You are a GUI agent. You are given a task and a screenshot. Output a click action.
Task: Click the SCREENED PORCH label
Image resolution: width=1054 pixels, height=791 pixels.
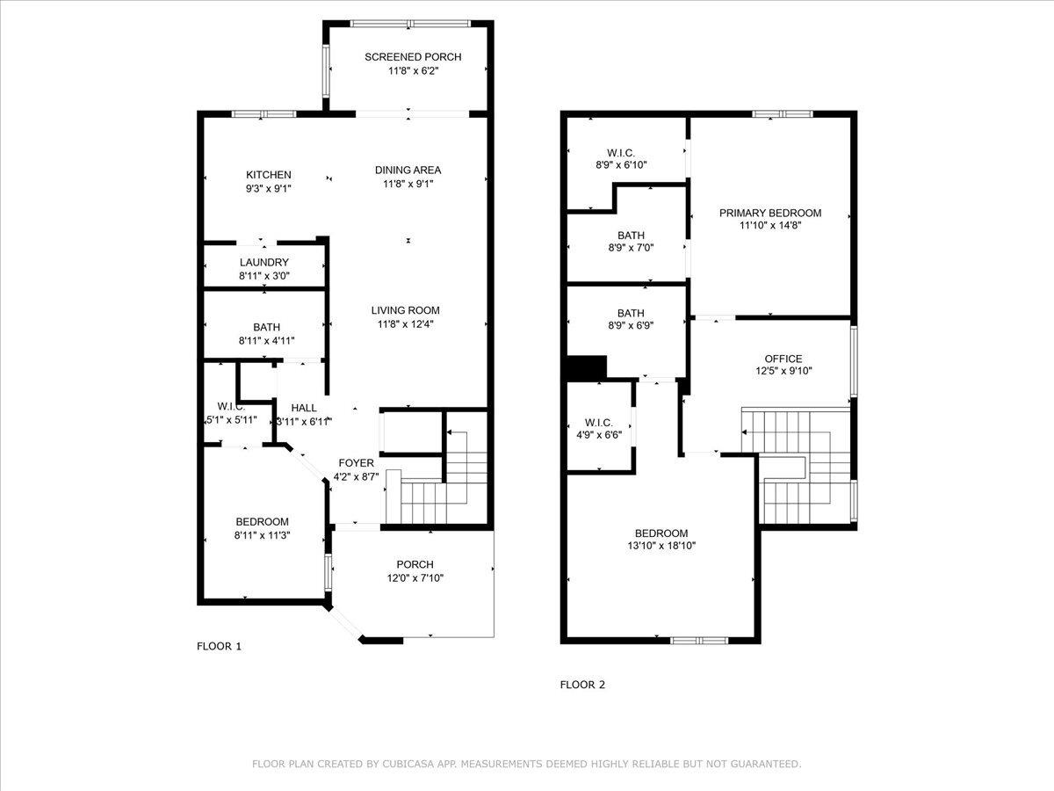(413, 57)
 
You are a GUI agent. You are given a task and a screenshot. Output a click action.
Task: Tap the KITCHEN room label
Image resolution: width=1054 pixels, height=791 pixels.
(269, 175)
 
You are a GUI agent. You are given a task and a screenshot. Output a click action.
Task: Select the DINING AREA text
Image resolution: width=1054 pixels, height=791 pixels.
(408, 170)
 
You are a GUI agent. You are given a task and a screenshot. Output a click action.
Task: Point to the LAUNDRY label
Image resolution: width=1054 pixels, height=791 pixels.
(264, 262)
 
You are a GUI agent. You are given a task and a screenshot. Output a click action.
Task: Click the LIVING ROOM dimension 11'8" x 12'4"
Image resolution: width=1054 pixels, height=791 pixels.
(406, 324)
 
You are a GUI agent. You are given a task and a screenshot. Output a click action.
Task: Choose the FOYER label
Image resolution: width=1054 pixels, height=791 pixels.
(356, 463)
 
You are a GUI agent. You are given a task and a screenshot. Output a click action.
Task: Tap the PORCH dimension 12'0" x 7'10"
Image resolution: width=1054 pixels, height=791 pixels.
(415, 577)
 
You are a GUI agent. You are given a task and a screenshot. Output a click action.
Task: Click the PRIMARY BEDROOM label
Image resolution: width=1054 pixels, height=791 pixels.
(770, 213)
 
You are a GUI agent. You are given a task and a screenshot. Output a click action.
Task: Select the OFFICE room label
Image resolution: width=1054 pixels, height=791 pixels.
(783, 359)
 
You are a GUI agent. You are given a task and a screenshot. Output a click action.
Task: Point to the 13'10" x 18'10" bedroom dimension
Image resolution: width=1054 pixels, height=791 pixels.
(661, 546)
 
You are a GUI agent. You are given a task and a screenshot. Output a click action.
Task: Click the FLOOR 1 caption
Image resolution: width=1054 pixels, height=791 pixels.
(219, 647)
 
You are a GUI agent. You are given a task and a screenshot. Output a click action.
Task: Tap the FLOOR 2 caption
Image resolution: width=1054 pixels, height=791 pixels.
(582, 685)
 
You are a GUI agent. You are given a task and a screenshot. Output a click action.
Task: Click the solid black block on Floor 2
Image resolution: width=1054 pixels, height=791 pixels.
(587, 367)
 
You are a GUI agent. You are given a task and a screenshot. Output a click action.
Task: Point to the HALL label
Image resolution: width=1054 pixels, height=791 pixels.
(304, 408)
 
